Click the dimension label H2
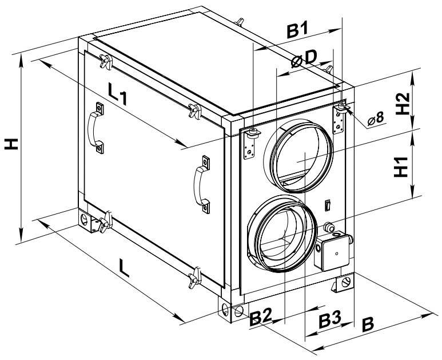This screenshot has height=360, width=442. click(x=404, y=104)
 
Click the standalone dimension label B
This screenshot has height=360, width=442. click(x=368, y=324)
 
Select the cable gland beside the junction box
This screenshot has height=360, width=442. click(x=330, y=227)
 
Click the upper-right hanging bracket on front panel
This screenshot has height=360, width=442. click(x=341, y=118)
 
